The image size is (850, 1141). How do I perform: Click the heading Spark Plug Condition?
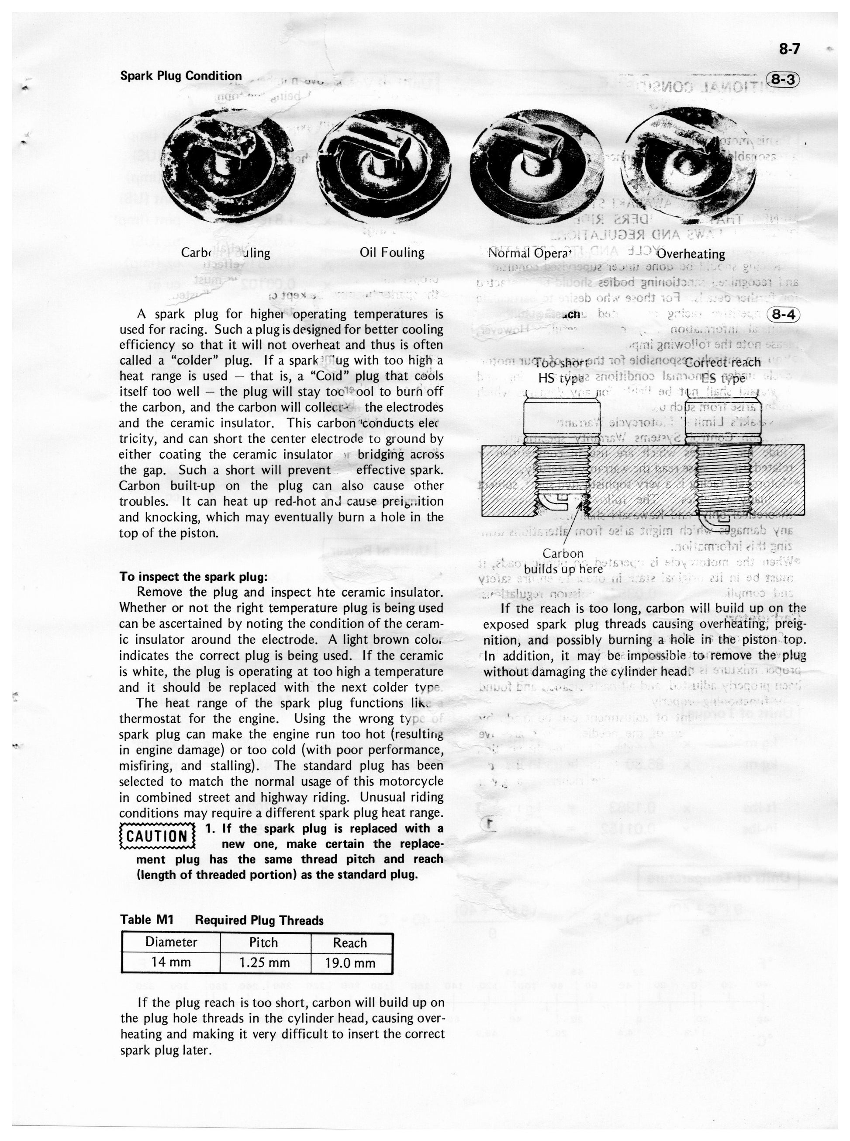180,76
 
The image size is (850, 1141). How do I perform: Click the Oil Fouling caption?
392,253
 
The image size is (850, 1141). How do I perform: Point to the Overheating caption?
691,254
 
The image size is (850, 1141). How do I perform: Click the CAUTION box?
157,836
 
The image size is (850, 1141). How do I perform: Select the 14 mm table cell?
171,962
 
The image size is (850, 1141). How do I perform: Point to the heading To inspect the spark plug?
193,577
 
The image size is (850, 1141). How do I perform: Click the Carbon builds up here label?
563,561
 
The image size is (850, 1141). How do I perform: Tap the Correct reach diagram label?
723,363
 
